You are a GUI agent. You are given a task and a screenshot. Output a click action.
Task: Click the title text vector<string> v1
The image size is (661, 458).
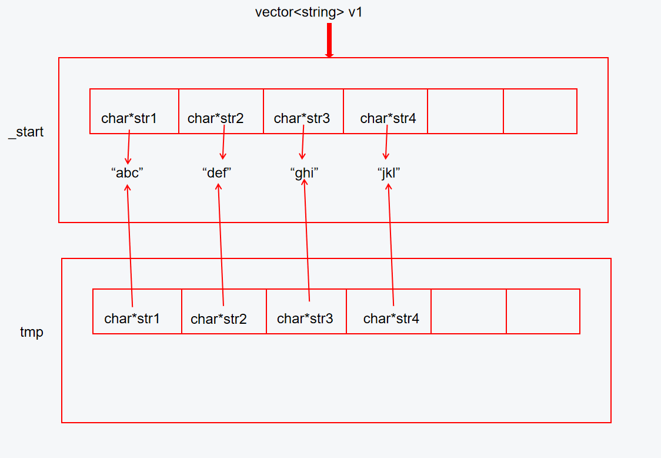(309, 12)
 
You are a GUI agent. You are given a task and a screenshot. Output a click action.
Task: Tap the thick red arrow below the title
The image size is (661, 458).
(329, 41)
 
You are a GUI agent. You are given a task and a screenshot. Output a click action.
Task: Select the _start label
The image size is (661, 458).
(26, 132)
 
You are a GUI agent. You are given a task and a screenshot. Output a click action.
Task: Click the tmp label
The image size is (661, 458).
(32, 332)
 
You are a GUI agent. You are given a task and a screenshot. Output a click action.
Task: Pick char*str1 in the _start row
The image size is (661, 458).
(129, 118)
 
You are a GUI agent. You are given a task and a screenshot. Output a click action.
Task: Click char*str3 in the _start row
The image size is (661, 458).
(302, 118)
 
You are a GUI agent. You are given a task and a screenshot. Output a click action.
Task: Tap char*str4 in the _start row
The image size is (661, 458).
(388, 118)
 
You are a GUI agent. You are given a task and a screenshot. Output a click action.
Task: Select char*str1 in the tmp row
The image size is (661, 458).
(132, 318)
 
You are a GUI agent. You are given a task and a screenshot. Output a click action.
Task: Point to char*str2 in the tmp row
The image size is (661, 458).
(219, 319)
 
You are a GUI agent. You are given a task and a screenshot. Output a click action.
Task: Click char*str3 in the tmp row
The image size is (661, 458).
(305, 318)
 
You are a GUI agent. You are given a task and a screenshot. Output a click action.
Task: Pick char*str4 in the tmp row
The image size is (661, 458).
(391, 318)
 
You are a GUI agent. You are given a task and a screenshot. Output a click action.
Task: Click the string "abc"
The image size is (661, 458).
(127, 173)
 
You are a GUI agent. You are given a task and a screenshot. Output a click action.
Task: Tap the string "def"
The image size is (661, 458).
(218, 173)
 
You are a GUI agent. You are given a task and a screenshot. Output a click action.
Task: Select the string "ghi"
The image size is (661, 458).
(304, 173)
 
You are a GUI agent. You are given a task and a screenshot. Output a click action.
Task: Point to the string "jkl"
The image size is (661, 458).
(388, 173)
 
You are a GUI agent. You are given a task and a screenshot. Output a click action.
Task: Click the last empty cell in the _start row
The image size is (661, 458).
(540, 111)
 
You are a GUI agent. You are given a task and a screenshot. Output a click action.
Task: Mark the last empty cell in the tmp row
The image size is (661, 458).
(543, 311)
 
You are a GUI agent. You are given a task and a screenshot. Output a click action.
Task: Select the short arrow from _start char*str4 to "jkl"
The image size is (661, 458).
(386, 144)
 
